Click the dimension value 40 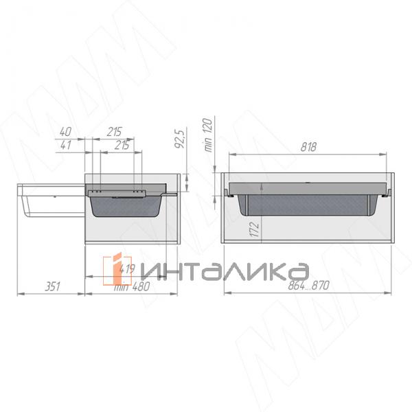pos(66,130)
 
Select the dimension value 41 pos(66,145)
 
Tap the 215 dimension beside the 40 pos(115,130)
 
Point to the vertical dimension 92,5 pos(179,137)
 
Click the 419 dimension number pos(126,269)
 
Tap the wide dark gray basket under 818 pos(308,205)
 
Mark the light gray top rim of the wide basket pos(308,187)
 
